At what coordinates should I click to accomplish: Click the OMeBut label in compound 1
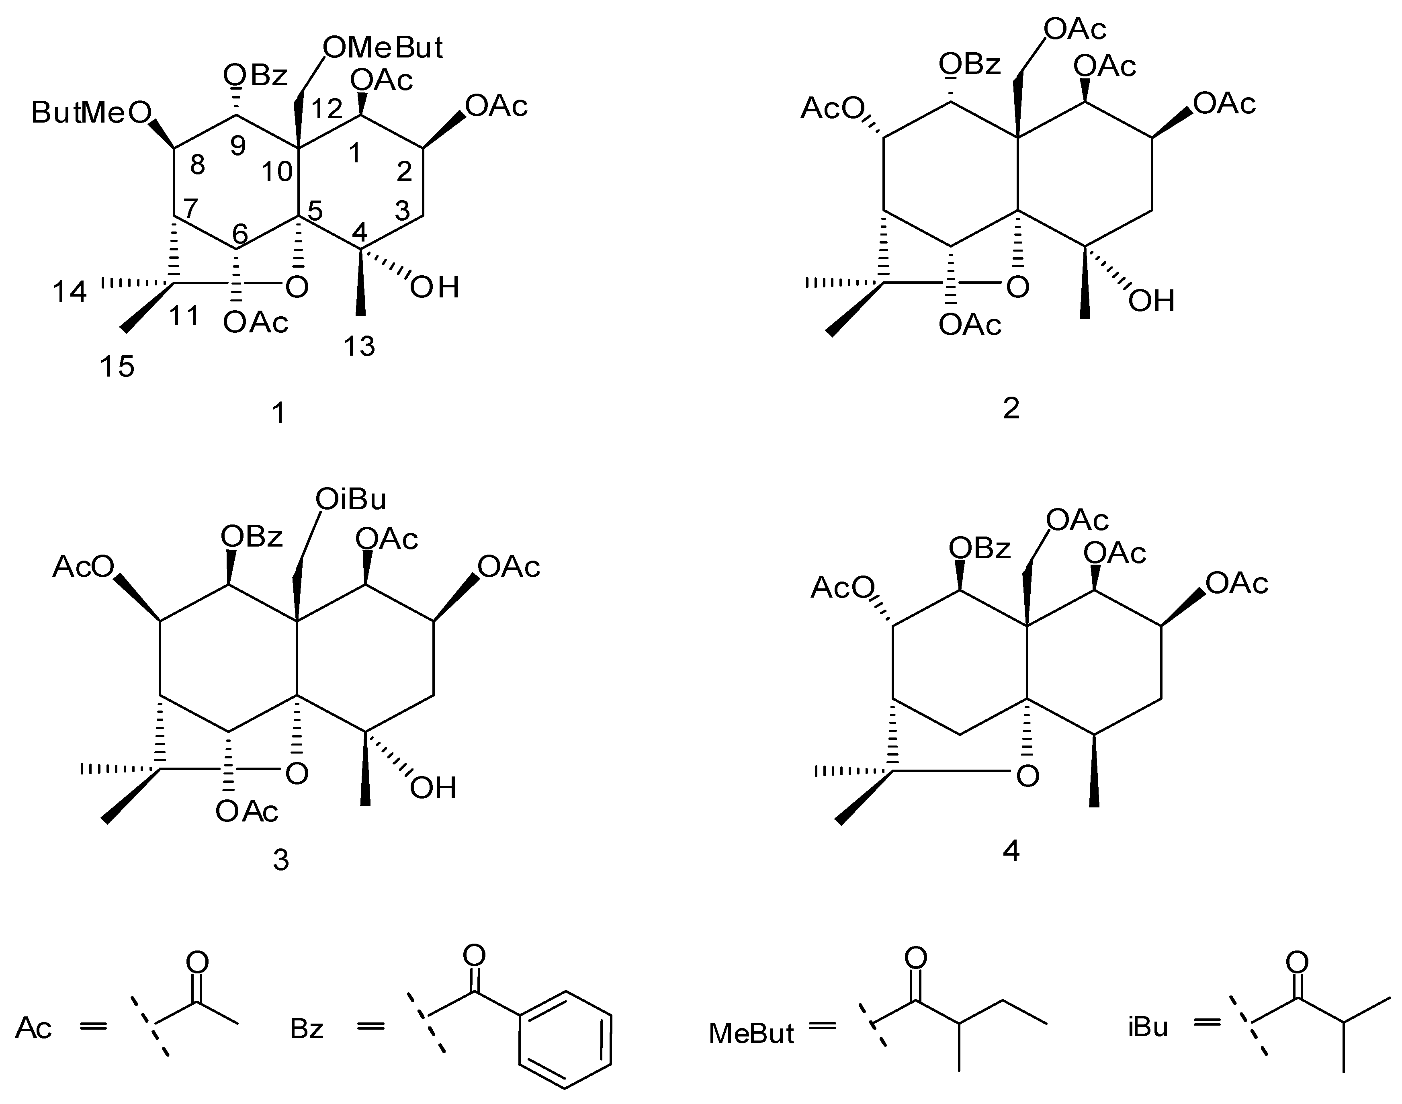pos(383,48)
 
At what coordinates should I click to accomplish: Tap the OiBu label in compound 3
pos(350,500)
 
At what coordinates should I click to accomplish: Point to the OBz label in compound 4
pos(979,549)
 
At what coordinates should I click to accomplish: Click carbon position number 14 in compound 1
pos(69,292)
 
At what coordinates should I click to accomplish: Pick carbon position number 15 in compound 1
pos(117,367)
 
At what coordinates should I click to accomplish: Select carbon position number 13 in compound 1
pos(359,346)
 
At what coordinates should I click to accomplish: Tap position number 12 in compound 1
pos(326,109)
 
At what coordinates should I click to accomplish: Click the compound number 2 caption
pos(1011,408)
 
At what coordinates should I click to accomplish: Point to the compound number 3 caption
pos(280,860)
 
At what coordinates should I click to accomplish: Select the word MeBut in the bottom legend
pos(751,1033)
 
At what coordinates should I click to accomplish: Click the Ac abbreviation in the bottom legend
pos(34,1028)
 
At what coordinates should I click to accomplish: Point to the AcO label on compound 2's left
pos(831,109)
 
